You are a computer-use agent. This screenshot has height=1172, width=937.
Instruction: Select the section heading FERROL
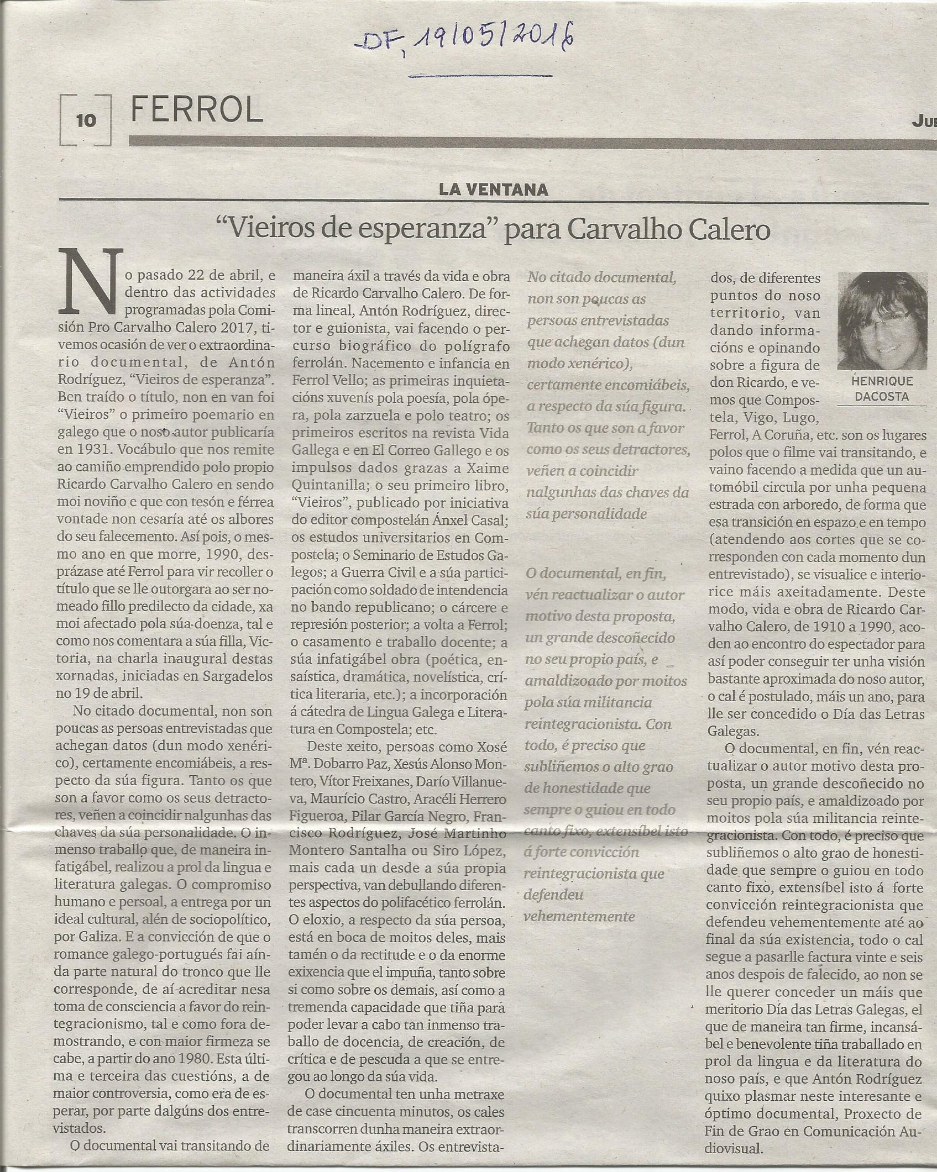tap(197, 111)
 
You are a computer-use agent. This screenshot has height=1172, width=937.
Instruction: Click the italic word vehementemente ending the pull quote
tap(580, 916)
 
